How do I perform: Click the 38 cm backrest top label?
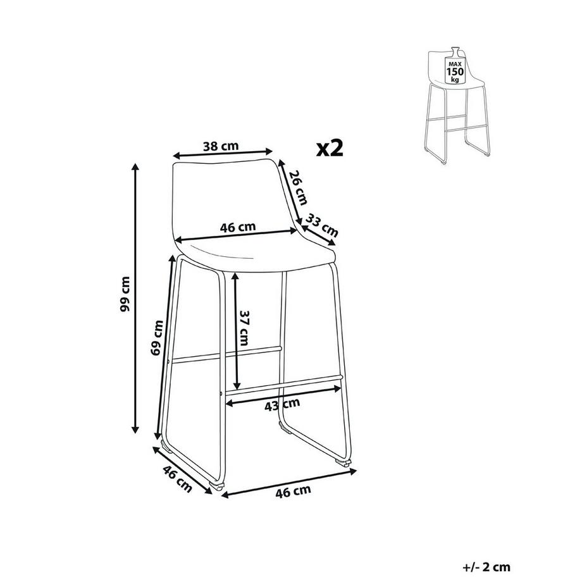tap(220, 146)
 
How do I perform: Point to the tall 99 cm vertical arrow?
tap(135, 297)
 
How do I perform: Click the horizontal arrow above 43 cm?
tap(283, 392)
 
